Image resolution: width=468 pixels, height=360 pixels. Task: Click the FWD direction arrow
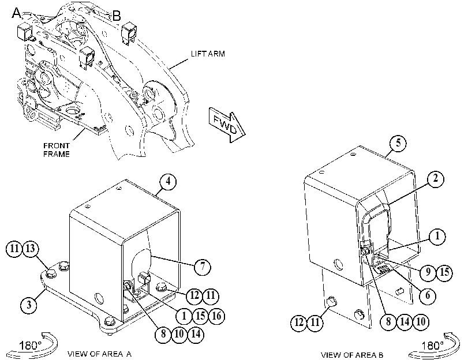[x=227, y=125]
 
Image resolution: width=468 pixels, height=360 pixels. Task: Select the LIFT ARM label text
[x=208, y=54]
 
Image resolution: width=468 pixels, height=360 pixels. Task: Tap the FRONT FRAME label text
[x=57, y=150]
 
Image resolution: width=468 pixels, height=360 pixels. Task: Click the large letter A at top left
[x=17, y=13]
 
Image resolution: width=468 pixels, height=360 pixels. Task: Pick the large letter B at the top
[x=117, y=16]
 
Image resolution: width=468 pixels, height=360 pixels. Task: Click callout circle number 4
[x=168, y=181]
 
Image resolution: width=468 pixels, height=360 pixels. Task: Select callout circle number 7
[x=203, y=267]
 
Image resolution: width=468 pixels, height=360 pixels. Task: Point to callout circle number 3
[x=29, y=305]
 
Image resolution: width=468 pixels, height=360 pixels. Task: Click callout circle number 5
[x=398, y=143]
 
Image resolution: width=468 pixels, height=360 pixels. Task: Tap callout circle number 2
[x=436, y=179]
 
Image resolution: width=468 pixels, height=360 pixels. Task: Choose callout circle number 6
[x=428, y=295]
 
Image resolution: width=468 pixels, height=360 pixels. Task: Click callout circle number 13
[x=31, y=248]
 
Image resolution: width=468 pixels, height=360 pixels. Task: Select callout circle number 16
[x=216, y=316]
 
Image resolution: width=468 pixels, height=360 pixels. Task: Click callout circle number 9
[x=428, y=272]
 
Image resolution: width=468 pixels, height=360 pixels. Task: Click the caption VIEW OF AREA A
[x=99, y=354]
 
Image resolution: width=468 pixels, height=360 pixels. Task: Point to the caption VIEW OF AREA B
[x=352, y=355]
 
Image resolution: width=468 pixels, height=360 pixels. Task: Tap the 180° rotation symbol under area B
[x=434, y=346]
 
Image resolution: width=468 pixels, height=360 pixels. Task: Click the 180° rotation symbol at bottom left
[x=32, y=345]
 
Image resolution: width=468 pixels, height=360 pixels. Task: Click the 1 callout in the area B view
[x=437, y=236]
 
